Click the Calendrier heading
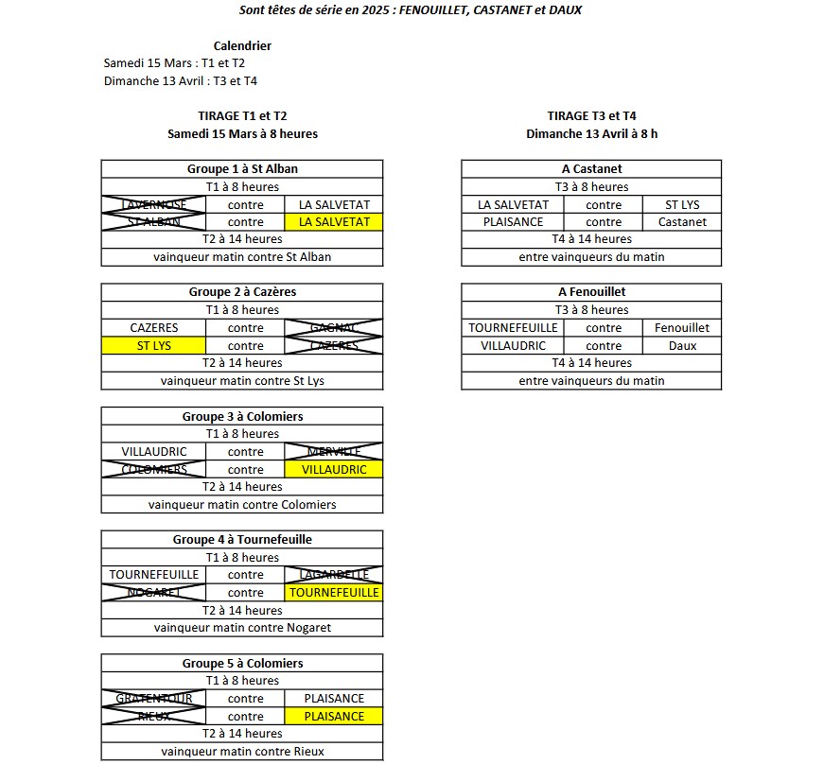[x=242, y=45]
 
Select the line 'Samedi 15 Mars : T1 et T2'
[x=174, y=63]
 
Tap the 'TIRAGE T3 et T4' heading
[x=591, y=116]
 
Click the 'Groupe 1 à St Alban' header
[x=242, y=169]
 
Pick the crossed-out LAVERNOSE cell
[x=153, y=204]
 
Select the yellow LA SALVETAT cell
[x=334, y=222]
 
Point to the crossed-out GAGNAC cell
[x=334, y=328]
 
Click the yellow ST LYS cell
[x=153, y=346]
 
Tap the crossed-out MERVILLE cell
[x=334, y=452]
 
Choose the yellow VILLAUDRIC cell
[x=334, y=470]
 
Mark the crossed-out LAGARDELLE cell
[x=334, y=575]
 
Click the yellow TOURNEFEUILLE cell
[x=334, y=593]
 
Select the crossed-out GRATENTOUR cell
[x=153, y=699]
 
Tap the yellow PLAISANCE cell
[x=334, y=717]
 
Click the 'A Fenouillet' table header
[x=591, y=292]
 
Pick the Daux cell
[x=682, y=346]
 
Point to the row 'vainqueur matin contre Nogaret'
[x=242, y=628]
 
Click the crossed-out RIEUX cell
[x=153, y=717]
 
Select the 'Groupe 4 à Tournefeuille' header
[x=242, y=540]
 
